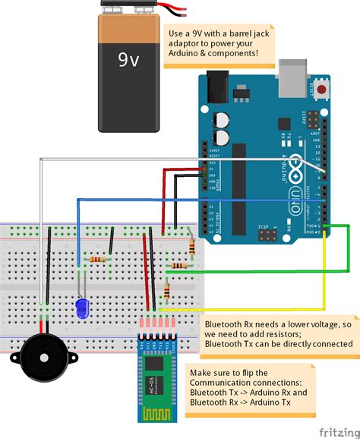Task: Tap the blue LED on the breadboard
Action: coord(81,308)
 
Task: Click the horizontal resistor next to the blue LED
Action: coord(98,260)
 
